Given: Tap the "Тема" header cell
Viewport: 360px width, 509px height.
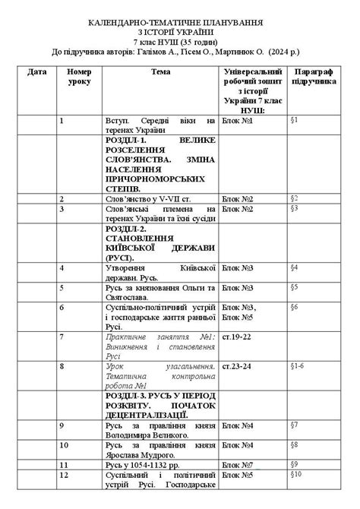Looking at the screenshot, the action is pos(160,71).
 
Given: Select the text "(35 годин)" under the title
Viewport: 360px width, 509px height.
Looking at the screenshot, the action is pos(198,43).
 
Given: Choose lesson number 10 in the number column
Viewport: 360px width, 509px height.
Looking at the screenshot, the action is pos(65,444).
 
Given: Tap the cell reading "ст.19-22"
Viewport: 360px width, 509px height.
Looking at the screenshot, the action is pos(235,336).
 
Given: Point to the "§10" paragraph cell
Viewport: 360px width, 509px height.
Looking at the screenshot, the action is pos(296,474).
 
